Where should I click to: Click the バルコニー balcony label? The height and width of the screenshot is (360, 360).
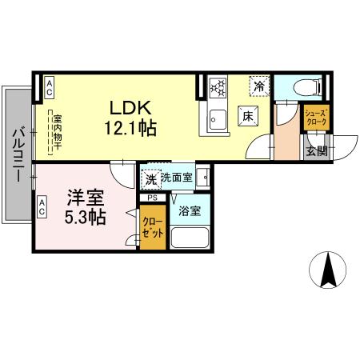coord(19,154)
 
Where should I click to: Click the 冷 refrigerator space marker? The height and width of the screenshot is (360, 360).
coord(258,84)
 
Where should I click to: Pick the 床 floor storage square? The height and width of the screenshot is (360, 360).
coord(248,117)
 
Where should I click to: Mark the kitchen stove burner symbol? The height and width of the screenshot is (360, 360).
coord(218,86)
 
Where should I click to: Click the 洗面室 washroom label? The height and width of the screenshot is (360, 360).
coord(176,178)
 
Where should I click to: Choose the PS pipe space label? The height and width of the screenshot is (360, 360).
coord(152,197)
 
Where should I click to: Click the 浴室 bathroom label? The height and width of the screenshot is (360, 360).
coord(190,212)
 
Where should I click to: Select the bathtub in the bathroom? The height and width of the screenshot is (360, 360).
coord(190,238)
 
